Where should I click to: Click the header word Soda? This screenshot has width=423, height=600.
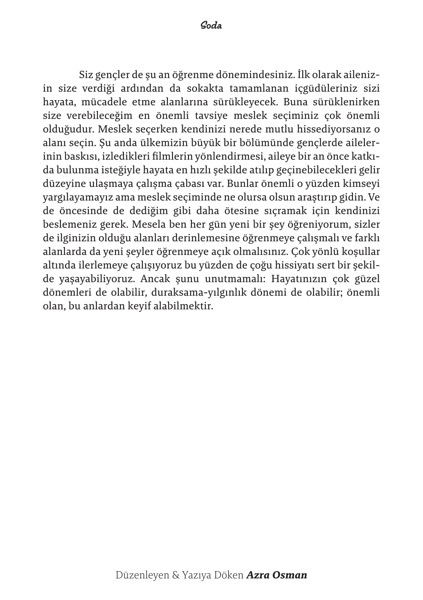(x=211, y=26)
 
